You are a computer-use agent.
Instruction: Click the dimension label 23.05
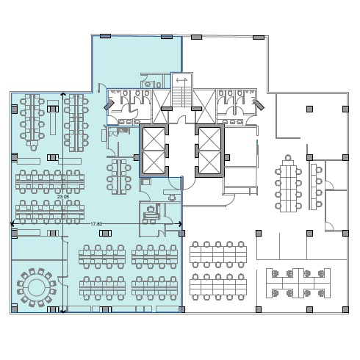pos(63,197)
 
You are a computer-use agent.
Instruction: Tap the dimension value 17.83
pos(96,224)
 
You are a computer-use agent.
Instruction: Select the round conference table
pos(36,288)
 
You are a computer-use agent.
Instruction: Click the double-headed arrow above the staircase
pos(181,80)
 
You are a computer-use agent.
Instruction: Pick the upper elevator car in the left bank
pos(154,139)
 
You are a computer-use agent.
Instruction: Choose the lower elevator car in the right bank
pos(210,162)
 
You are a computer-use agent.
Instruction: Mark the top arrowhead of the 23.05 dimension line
pos(63,94)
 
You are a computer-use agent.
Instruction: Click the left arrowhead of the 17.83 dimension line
pos(12,224)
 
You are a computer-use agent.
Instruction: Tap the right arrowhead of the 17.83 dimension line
pos(180,224)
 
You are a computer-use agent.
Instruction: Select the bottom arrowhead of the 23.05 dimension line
pos(63,311)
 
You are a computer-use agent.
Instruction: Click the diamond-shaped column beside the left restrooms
pos(109,105)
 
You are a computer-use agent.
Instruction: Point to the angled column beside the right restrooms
pos(259,104)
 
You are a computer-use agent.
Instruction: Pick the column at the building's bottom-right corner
pos(345,309)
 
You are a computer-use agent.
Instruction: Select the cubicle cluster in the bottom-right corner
pos(298,283)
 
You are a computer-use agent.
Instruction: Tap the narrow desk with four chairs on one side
pos(313,187)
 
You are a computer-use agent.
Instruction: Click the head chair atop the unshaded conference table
pos(288,157)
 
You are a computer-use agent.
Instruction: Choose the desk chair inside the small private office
pos(150,209)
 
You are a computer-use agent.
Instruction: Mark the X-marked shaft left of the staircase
pos(161,107)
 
